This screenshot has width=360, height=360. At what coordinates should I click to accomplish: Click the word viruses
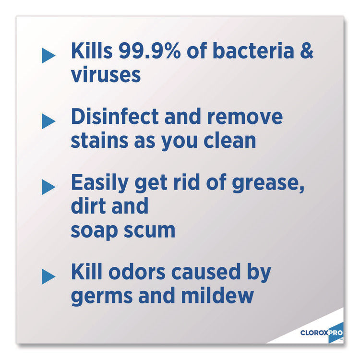106,75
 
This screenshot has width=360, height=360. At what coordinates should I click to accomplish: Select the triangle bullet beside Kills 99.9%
48,55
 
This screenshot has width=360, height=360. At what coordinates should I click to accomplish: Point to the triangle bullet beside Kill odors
48,276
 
